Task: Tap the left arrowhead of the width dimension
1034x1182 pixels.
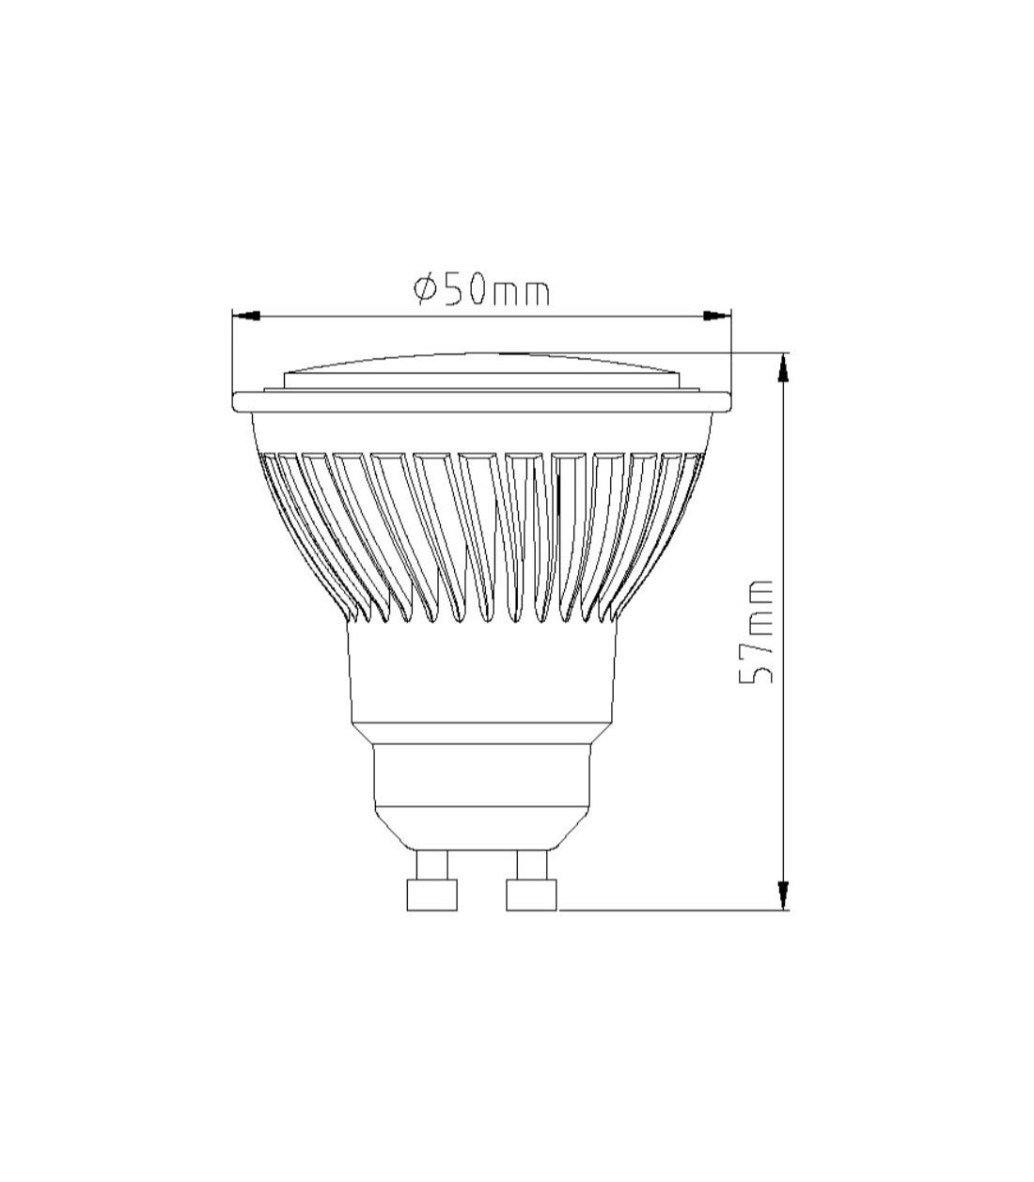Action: [x=245, y=316]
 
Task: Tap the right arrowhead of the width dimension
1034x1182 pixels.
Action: [x=716, y=316]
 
